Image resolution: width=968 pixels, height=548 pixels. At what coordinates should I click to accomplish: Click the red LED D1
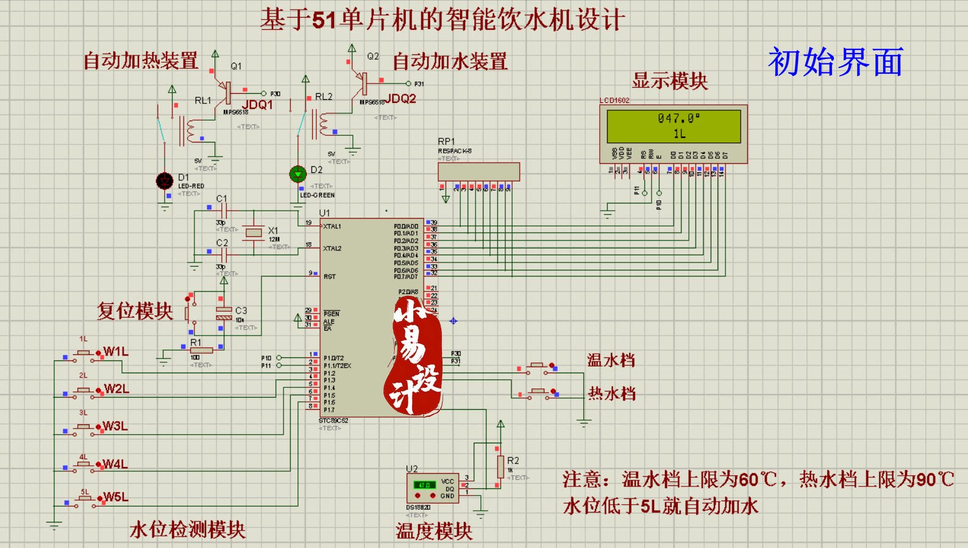[x=165, y=181]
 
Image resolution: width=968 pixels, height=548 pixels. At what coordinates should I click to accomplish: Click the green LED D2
[x=297, y=174]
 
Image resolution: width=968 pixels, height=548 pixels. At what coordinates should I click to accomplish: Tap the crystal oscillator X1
[x=254, y=232]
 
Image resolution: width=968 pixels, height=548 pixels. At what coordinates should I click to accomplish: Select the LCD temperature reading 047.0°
[x=678, y=118]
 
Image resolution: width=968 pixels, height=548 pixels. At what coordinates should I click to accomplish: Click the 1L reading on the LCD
[x=679, y=134]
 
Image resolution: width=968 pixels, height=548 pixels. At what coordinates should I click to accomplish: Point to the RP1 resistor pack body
[x=479, y=171]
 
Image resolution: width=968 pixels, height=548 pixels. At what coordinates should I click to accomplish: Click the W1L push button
[x=84, y=354]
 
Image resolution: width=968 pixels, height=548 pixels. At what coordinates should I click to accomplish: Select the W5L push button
[x=84, y=500]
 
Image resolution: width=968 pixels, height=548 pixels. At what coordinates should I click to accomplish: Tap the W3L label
[x=115, y=426]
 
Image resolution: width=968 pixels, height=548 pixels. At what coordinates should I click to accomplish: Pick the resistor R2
[x=500, y=466]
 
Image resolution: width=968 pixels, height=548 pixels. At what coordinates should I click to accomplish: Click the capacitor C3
[x=224, y=313]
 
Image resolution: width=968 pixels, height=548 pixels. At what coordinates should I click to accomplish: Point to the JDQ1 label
[x=258, y=105]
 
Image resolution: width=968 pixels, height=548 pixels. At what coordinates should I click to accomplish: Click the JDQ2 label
[x=400, y=99]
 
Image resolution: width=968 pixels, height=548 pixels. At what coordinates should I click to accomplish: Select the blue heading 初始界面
[x=835, y=62]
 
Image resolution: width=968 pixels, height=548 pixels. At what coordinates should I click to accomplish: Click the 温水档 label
[x=611, y=360]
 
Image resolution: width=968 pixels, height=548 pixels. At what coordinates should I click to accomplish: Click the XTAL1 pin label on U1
[x=332, y=227]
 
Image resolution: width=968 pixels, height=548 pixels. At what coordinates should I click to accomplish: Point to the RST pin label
[x=329, y=276]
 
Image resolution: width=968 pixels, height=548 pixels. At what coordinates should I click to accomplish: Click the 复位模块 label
[x=135, y=311]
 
